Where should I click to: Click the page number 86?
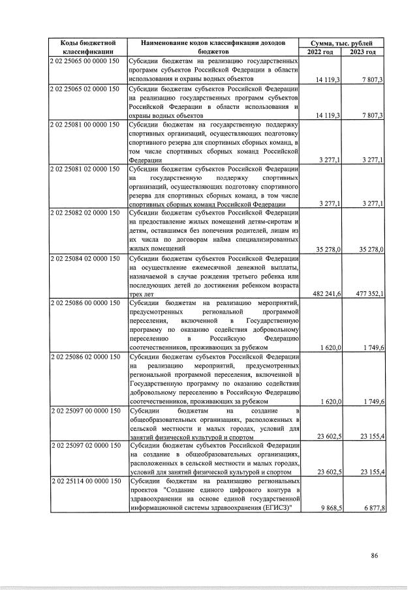tap(375, 555)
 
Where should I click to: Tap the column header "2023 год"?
tap(363, 52)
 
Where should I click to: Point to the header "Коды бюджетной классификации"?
tap(88, 47)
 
